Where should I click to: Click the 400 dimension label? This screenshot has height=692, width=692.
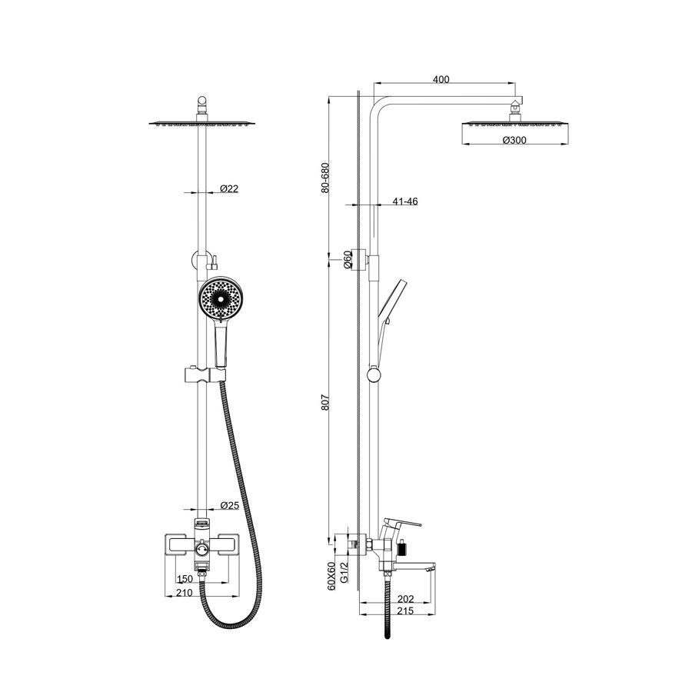pos(441,79)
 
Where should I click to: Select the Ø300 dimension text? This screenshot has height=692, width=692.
pos(514,141)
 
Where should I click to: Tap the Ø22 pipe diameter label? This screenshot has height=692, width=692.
pos(229,189)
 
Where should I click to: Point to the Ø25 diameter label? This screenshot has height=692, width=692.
pos(229,505)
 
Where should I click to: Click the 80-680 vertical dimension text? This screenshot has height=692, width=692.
pos(325,178)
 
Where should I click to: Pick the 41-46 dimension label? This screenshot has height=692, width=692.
pos(405,201)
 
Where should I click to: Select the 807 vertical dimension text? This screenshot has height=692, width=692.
pos(325,402)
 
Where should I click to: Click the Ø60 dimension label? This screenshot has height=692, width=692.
pos(348,259)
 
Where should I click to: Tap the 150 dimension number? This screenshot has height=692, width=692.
pos(185,579)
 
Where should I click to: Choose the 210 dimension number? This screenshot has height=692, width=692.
pos(185,593)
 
